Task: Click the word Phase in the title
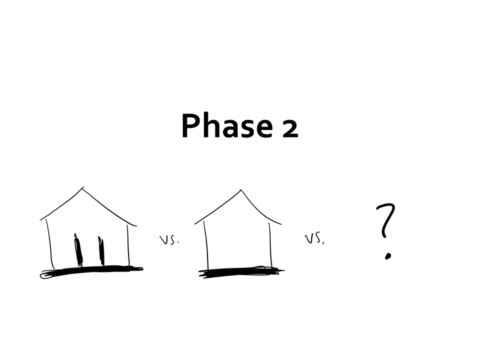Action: (x=227, y=126)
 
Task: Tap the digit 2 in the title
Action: (x=289, y=128)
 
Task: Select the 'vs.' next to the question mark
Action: (x=314, y=239)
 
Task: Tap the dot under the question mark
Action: (x=388, y=256)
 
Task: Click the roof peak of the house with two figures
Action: (x=82, y=188)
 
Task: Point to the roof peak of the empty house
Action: (x=240, y=190)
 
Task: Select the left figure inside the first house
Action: (x=78, y=249)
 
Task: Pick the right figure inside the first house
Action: (x=101, y=251)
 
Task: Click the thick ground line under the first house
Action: (x=91, y=271)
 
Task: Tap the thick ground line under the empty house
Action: (x=241, y=272)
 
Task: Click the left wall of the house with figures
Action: (x=50, y=244)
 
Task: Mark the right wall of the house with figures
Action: (x=128, y=245)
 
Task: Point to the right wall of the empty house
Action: (x=270, y=245)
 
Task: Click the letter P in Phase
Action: (x=190, y=126)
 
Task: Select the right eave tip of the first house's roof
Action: (x=136, y=226)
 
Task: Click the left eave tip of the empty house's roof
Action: (x=195, y=224)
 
